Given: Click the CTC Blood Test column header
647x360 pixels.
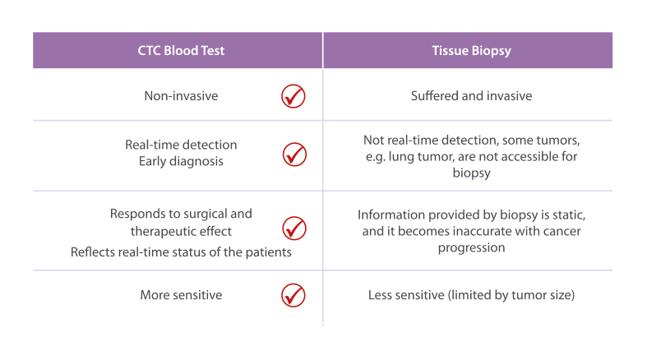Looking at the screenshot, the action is pyautogui.click(x=181, y=50).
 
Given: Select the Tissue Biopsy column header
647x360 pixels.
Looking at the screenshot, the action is pyautogui.click(x=471, y=51).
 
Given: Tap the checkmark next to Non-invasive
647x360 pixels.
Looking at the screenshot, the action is pyautogui.click(x=293, y=96).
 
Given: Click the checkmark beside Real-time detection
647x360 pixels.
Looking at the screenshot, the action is pyautogui.click(x=294, y=155).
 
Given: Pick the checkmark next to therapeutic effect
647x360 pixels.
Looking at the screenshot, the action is pyautogui.click(x=294, y=228).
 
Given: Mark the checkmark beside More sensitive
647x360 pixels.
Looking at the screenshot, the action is pyautogui.click(x=293, y=295).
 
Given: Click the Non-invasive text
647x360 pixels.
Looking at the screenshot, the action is pyautogui.click(x=181, y=96).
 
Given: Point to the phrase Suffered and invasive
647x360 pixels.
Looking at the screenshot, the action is pyautogui.click(x=471, y=96).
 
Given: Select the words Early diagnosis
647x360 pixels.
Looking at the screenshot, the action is pyautogui.click(x=181, y=161).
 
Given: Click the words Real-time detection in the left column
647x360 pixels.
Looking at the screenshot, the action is pyautogui.click(x=181, y=145).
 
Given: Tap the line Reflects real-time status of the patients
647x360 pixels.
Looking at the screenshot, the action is pyautogui.click(x=181, y=252).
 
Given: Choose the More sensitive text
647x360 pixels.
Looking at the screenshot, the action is pyautogui.click(x=181, y=295).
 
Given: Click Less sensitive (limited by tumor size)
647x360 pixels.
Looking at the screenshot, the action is pyautogui.click(x=471, y=295).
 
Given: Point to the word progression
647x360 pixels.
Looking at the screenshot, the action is pyautogui.click(x=471, y=248).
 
